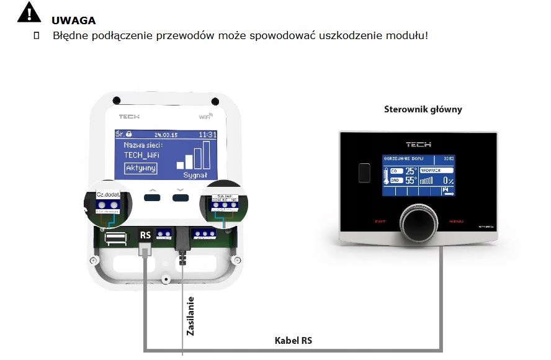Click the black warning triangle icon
29,13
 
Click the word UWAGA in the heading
74,21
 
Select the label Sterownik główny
423,109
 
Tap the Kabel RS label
293,340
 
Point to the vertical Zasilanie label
190,316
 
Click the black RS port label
146,235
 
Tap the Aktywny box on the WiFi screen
141,168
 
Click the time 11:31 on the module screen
207,135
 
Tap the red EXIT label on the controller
380,222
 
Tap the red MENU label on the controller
456,222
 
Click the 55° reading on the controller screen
411,181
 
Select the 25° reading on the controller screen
411,170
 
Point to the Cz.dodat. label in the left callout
109,195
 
